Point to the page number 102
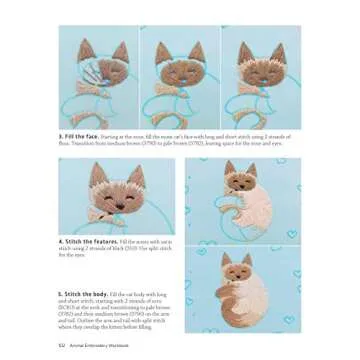pyautogui.click(x=62, y=345)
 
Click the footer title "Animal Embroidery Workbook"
pyautogui.click(x=94, y=345)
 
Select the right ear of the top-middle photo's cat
pyautogui.click(x=194, y=49)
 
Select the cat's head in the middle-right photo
pyautogui.click(x=237, y=180)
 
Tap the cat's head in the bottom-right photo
pyautogui.click(x=237, y=269)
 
